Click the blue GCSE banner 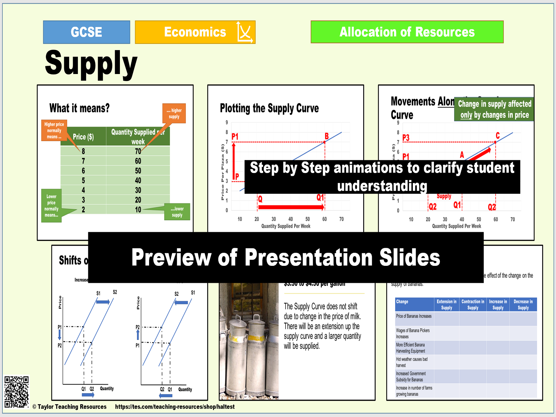pos(87,32)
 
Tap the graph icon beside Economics pos(245,32)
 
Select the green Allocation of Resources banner pos(407,32)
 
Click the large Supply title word pos(91,64)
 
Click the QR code pos(16,392)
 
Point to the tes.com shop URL pos(175,407)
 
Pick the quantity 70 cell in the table pos(138,151)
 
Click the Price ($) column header pos(83,137)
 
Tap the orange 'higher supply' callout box pos(174,113)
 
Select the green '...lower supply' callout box pos(177,212)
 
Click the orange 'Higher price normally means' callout pos(54,130)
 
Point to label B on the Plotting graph pos(327,136)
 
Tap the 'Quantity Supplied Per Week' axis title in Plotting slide pos(286,226)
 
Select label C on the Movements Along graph pos(498,136)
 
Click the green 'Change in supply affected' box pos(494,109)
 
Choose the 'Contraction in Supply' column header pos(473,304)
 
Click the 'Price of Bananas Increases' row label pos(414,316)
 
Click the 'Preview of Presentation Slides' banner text pos(286,257)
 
